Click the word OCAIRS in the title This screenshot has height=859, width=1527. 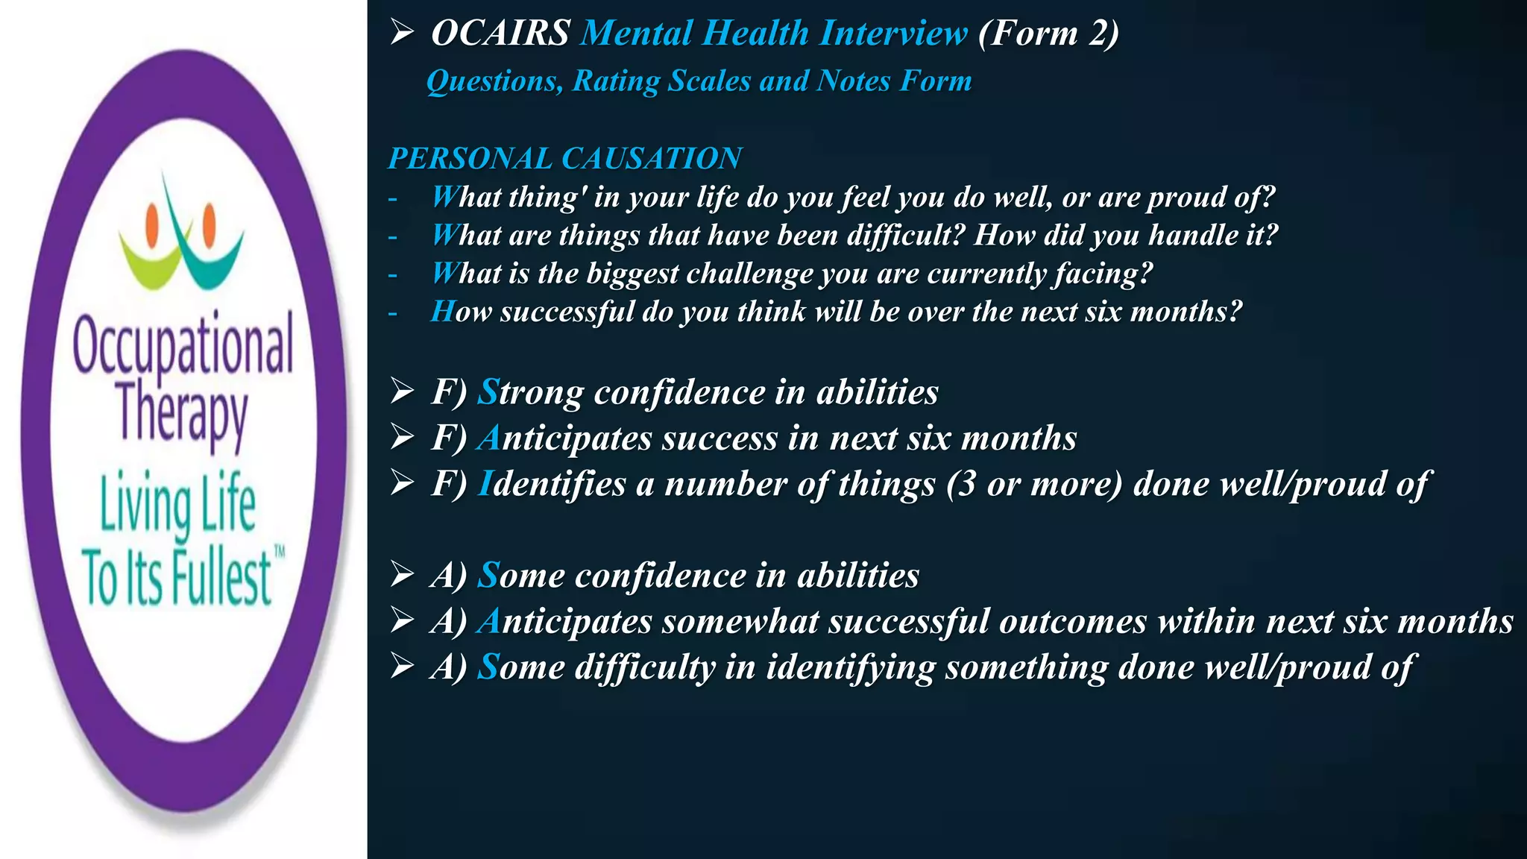pos(500,34)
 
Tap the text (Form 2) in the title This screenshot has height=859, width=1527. pos(1048,34)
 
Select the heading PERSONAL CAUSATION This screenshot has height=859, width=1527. pos(564,158)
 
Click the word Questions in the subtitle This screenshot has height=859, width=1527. pos(494,81)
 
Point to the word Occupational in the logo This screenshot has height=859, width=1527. pos(183,344)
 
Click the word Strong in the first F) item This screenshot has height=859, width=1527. pos(530,392)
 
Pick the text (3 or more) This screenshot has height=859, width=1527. pos(1034,484)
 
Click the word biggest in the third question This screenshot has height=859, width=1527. pos(632,274)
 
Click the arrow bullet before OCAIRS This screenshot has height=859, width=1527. pos(402,33)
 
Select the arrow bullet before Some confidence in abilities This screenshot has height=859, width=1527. pos(402,575)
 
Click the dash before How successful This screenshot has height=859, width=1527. pos(393,313)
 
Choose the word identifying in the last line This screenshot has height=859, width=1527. pos(850,667)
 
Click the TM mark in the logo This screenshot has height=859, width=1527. pos(279,553)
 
